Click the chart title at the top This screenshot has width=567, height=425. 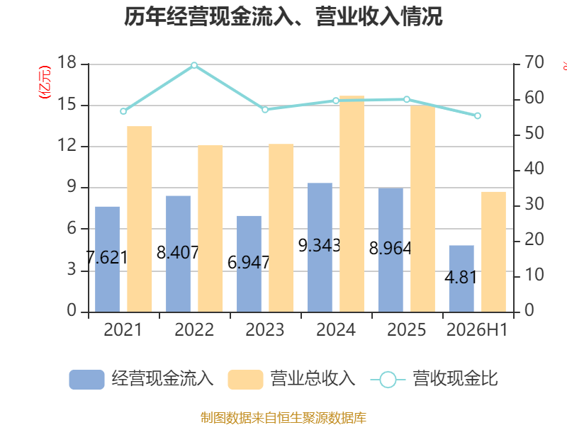pos(283,16)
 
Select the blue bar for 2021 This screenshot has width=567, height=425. pos(108,259)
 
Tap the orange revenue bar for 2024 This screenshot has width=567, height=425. pos(352,204)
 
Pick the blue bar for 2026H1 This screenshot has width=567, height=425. pos(461,278)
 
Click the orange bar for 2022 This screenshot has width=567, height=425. pos(210,228)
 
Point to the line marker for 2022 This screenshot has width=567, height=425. pos(194,65)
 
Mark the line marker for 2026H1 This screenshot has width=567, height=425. pos(477,116)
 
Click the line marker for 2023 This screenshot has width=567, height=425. pos(265,110)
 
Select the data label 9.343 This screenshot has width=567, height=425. pos(320,246)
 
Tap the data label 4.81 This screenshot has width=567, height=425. pos(461,278)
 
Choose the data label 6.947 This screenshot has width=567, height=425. pos(249,262)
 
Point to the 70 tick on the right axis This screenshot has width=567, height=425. pos(534,62)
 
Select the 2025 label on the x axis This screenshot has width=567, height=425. pos(406,329)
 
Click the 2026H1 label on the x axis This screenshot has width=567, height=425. pos(477,329)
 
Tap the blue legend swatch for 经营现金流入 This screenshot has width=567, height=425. pos(86,380)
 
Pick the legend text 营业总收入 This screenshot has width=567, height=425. pos(313,379)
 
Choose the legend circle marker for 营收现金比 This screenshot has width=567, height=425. pos(388,380)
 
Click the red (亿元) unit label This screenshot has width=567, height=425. pos(45,82)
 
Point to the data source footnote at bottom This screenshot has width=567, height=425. pos(283,417)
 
